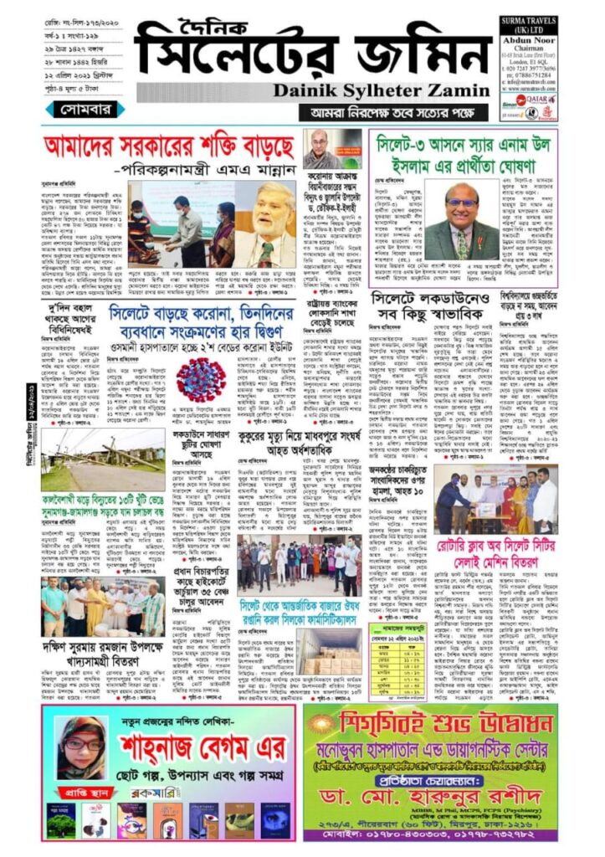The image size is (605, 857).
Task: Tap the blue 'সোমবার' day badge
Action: [x=88, y=110]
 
